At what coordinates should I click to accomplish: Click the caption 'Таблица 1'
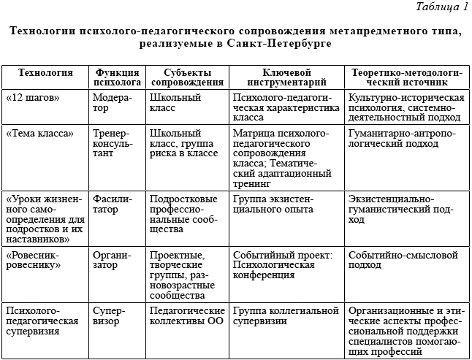[441, 8]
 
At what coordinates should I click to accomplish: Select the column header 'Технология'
[45, 73]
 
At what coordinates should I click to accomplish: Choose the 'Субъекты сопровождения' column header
[186, 78]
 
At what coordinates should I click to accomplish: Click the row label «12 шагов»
[33, 97]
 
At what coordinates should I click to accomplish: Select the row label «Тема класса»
[39, 134]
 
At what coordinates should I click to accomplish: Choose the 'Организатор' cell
[111, 260]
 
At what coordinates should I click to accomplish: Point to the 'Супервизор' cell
[110, 316]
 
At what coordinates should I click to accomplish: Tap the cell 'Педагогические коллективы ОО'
[186, 316]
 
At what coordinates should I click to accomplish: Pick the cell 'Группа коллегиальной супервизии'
[284, 316]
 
